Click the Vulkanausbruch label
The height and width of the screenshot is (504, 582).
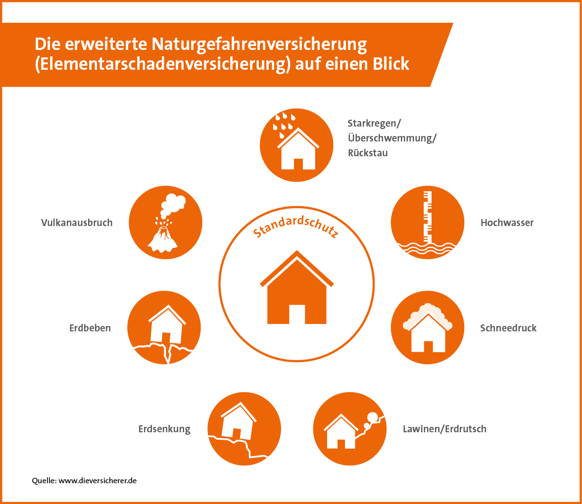[77, 223]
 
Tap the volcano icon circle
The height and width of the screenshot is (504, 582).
[165, 223]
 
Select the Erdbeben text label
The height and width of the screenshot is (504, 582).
[90, 328]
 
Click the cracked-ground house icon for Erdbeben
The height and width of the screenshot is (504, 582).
[164, 327]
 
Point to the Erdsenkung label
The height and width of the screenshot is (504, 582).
[164, 429]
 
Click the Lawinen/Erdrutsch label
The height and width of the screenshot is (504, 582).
[444, 429]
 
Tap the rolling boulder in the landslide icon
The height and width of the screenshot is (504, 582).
[373, 417]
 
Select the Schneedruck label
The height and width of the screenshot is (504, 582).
[509, 328]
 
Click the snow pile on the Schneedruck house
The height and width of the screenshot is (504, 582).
[428, 315]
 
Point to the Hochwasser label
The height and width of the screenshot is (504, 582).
[507, 223]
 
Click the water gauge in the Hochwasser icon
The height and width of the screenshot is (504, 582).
[428, 217]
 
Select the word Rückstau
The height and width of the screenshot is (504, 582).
[368, 153]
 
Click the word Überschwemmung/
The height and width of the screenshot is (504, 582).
[392, 138]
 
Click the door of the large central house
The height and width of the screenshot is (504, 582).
[297, 314]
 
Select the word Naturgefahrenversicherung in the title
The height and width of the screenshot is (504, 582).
[259, 44]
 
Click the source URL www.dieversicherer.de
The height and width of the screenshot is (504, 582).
[97, 481]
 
